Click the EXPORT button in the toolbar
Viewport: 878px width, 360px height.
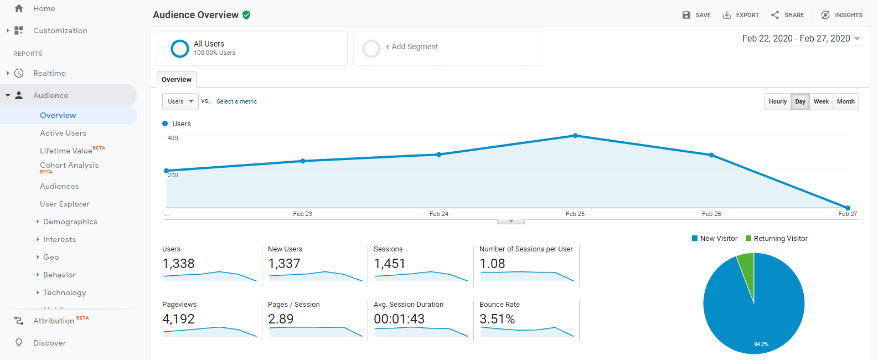pyautogui.click(x=741, y=15)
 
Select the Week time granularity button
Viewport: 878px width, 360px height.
pyautogui.click(x=821, y=101)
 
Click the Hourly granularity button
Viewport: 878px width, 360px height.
pyautogui.click(x=778, y=101)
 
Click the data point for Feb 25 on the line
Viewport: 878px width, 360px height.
pyautogui.click(x=575, y=136)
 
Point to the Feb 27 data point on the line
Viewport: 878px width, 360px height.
pyautogui.click(x=848, y=208)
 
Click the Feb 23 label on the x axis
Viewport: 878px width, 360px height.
pyautogui.click(x=303, y=214)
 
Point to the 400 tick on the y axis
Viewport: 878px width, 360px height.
pyautogui.click(x=173, y=138)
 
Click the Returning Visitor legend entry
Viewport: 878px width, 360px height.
pyautogui.click(x=777, y=239)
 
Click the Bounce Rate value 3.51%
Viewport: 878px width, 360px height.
pyautogui.click(x=497, y=319)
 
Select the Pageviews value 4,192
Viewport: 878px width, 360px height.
pyautogui.click(x=178, y=319)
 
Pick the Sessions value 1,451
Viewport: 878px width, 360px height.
pyautogui.click(x=389, y=264)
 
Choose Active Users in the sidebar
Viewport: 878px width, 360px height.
pyautogui.click(x=63, y=133)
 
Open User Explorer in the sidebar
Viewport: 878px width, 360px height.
pyautogui.click(x=65, y=204)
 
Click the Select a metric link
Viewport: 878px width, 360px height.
pyautogui.click(x=237, y=101)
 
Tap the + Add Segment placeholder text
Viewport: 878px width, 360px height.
pyautogui.click(x=411, y=47)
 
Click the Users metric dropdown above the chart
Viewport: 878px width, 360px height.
pyautogui.click(x=180, y=101)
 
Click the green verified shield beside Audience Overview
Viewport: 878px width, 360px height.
pyautogui.click(x=246, y=15)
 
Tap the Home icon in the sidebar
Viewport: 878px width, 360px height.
pyautogui.click(x=19, y=9)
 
